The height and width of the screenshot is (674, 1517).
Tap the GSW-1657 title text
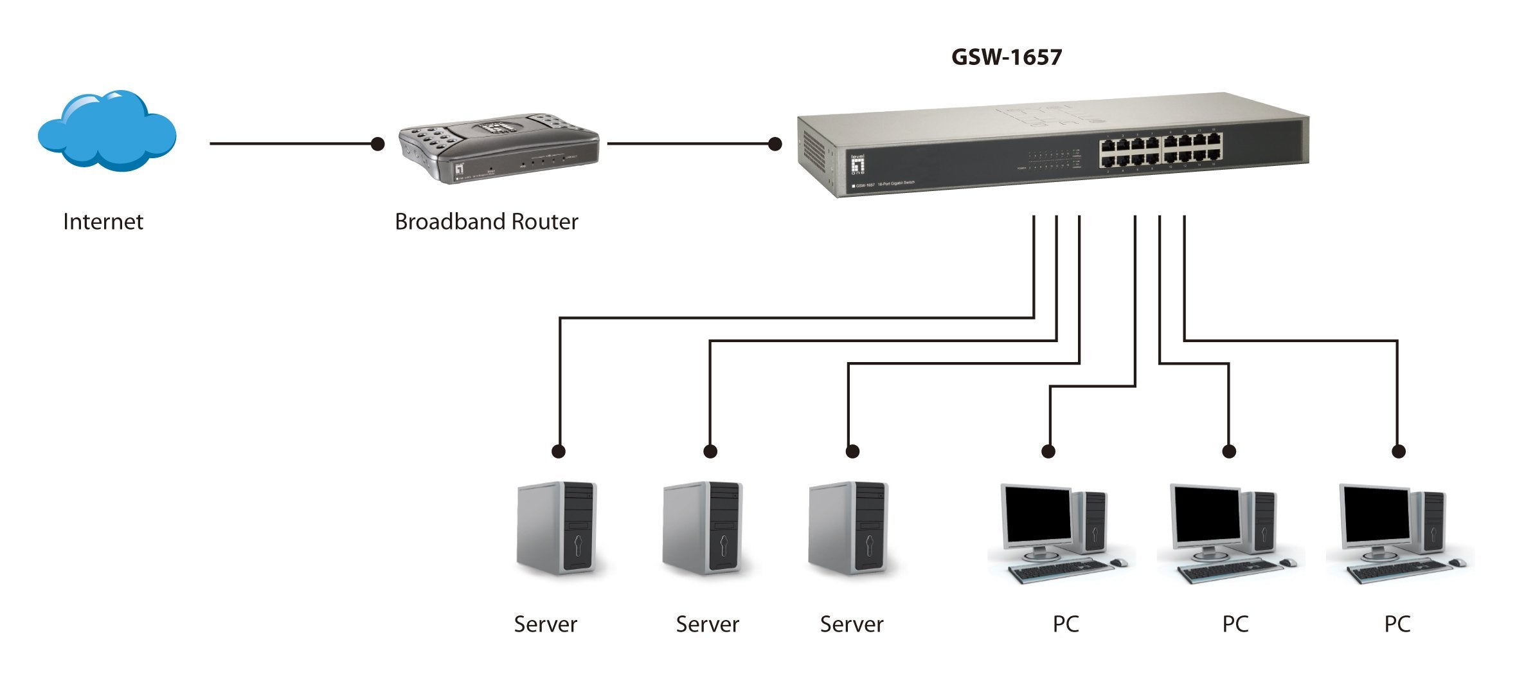click(x=1006, y=57)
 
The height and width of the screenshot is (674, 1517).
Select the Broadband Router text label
click(x=486, y=222)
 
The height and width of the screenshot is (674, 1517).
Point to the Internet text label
click(x=103, y=222)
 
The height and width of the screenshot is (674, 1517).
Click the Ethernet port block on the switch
click(x=1160, y=150)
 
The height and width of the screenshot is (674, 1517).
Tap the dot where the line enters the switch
click(x=775, y=143)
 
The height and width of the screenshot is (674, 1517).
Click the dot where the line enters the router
click(x=378, y=143)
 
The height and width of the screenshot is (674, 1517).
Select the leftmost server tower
click(x=557, y=527)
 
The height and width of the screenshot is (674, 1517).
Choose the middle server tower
click(x=703, y=527)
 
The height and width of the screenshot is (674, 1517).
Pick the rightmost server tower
click(x=848, y=527)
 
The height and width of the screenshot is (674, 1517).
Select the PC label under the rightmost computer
click(x=1397, y=624)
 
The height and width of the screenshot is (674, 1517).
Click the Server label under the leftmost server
click(x=545, y=624)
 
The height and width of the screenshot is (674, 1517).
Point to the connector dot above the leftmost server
click(x=559, y=451)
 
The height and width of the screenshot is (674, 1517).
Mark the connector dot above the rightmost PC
click(x=1398, y=451)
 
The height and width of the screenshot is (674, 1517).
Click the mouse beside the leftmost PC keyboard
click(x=1119, y=563)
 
